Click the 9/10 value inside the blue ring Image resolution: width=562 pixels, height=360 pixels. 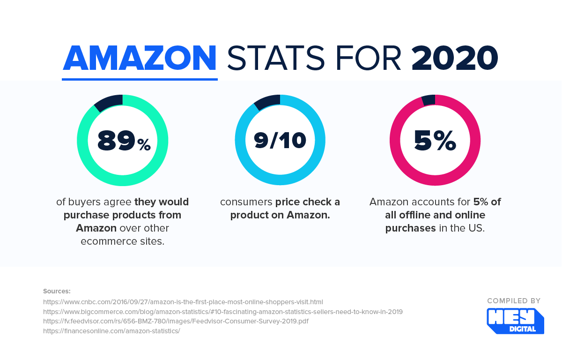(280, 141)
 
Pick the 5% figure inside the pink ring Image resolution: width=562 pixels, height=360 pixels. (435, 141)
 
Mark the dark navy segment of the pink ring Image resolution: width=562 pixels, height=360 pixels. (429, 100)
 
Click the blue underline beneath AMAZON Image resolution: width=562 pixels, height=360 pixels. (140, 79)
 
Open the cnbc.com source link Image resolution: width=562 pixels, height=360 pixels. (183, 301)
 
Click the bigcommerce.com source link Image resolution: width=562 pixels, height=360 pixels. (223, 311)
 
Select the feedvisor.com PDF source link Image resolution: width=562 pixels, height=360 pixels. (176, 321)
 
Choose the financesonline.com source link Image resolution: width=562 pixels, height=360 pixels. (111, 331)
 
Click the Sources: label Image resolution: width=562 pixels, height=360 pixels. (57, 291)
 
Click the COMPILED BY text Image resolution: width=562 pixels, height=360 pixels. (514, 301)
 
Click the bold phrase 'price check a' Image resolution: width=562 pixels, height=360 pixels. (308, 202)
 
